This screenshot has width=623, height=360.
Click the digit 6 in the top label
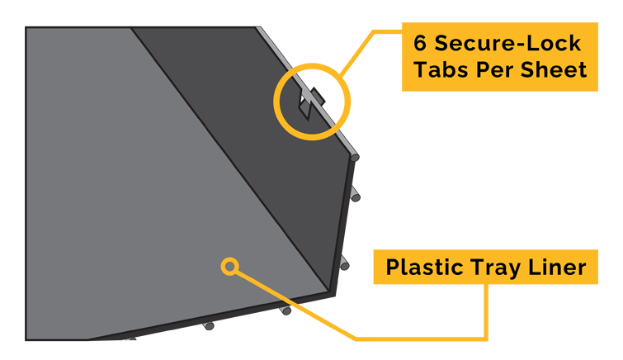(x=420, y=43)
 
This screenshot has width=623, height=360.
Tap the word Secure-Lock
(x=507, y=43)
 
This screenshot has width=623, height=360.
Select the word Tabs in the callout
(x=441, y=69)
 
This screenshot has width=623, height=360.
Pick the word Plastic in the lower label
(x=425, y=267)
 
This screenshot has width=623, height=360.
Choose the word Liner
(x=557, y=267)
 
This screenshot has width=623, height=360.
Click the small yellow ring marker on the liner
(x=229, y=266)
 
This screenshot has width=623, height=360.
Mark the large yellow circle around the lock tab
(x=312, y=102)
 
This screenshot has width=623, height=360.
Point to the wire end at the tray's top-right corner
(x=355, y=158)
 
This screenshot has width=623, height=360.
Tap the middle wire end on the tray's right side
(x=355, y=197)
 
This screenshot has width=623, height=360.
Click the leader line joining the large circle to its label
(x=371, y=53)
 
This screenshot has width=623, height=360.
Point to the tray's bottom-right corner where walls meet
(x=329, y=291)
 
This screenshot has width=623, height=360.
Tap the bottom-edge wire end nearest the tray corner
(x=286, y=310)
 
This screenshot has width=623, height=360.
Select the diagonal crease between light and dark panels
(x=230, y=159)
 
